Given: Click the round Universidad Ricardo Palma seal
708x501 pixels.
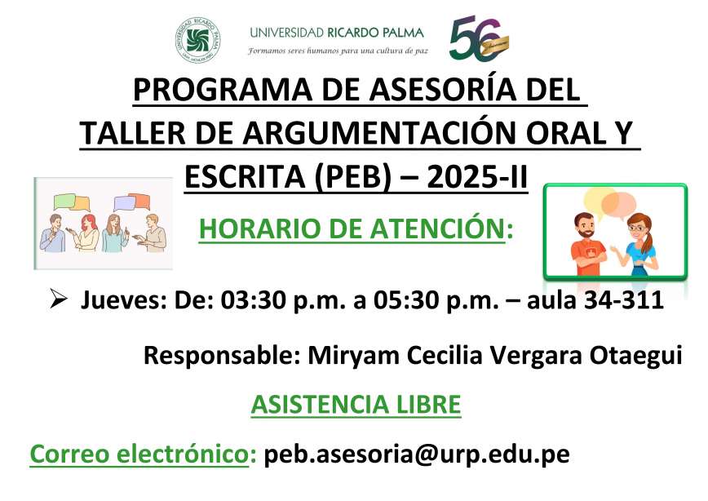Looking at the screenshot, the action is (197, 40).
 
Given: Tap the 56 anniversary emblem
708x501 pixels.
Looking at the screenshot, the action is (479, 38).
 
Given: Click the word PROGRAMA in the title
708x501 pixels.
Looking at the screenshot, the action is (223, 90).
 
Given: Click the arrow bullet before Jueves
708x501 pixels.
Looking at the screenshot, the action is (58, 299).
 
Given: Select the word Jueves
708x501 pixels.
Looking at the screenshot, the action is (124, 300).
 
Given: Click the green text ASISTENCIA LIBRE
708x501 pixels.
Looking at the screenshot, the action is (356, 405).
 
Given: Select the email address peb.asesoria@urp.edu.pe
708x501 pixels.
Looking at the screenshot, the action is (417, 454).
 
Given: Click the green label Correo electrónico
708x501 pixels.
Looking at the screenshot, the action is (139, 454).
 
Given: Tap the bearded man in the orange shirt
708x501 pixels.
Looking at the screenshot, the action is (588, 244).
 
